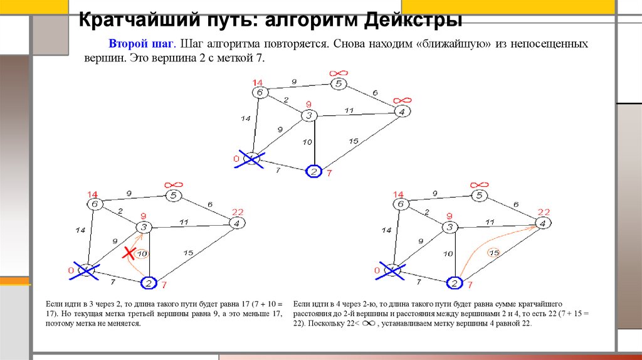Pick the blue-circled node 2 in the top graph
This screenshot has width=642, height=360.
pyautogui.click(x=313, y=171)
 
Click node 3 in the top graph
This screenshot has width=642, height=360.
pyautogui.click(x=308, y=116)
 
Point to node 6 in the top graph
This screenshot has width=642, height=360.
pyautogui.click(x=260, y=92)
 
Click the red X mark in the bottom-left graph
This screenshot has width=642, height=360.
pyautogui.click(x=129, y=253)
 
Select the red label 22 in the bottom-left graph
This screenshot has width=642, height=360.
pyautogui.click(x=238, y=212)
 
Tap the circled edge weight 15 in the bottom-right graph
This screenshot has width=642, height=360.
pyautogui.click(x=493, y=253)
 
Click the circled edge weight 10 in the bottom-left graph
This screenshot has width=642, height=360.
pyautogui.click(x=142, y=253)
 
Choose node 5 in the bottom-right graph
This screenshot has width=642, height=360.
pyautogui.click(x=479, y=196)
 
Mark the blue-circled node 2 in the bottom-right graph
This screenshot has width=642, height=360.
pyautogui.click(x=454, y=283)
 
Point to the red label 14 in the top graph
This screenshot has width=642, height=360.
pyautogui.click(x=258, y=82)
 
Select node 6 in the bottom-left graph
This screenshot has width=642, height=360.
pyautogui.click(x=95, y=204)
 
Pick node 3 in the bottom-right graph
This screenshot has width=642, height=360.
pyautogui.click(x=450, y=227)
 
